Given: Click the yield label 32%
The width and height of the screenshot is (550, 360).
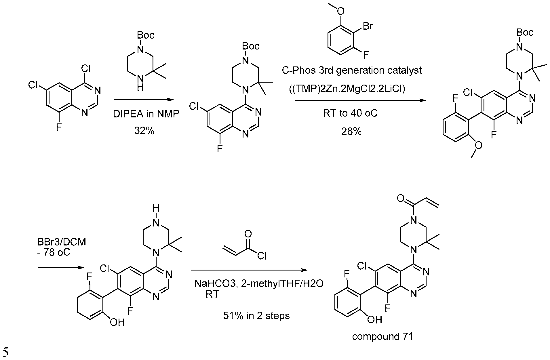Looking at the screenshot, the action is (x=144, y=131).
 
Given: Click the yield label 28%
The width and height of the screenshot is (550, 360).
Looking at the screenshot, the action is (x=351, y=131).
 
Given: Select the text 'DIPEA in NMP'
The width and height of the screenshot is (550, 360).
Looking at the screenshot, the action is (x=146, y=115).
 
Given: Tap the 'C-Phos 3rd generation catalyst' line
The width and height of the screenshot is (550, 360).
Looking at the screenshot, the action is (x=352, y=70).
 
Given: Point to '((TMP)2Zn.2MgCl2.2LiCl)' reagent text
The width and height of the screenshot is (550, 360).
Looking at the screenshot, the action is (x=347, y=89).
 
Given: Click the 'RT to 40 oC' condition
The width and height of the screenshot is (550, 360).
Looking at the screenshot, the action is (x=350, y=113).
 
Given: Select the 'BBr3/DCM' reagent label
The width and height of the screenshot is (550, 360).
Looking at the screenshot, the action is (x=61, y=242).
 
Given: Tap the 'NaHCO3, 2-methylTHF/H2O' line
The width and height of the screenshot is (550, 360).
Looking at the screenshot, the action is (x=259, y=284).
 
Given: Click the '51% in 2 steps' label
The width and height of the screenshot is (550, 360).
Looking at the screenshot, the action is (x=256, y=316).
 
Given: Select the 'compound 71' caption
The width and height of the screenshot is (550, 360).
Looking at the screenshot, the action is (x=382, y=336).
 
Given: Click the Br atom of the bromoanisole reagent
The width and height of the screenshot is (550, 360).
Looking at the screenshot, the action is (x=368, y=26).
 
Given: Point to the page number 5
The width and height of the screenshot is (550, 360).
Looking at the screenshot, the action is (x=5, y=352).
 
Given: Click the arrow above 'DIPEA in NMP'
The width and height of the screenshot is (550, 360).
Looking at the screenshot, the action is (x=144, y=100).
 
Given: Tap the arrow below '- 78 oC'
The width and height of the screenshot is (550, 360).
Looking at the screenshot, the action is (x=61, y=268).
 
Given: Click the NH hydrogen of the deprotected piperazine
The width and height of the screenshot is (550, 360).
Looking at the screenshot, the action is (x=156, y=208).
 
